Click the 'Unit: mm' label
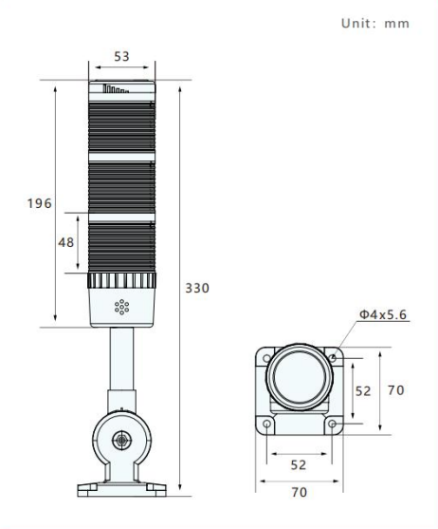pos(375,24)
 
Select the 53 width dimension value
pos(121,56)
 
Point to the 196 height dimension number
pos(40,203)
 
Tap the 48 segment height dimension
pos(66,242)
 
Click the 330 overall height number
pos(197,288)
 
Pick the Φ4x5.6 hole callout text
pos(383,314)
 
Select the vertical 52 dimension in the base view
pos(363,391)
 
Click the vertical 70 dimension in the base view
pos(396,390)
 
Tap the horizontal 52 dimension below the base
pos(299,465)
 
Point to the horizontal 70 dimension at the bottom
pos(299,492)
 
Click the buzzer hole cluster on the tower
pos(121,307)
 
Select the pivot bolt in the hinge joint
pos(121,440)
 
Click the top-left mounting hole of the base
pos(266,358)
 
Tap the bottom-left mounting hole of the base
pos(266,424)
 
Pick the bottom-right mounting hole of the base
pos(332,424)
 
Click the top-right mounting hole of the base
pos(332,358)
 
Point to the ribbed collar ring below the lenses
pos(121,280)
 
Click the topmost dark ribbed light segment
pos(121,126)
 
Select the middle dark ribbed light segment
pos(121,187)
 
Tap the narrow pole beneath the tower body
pos(121,359)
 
